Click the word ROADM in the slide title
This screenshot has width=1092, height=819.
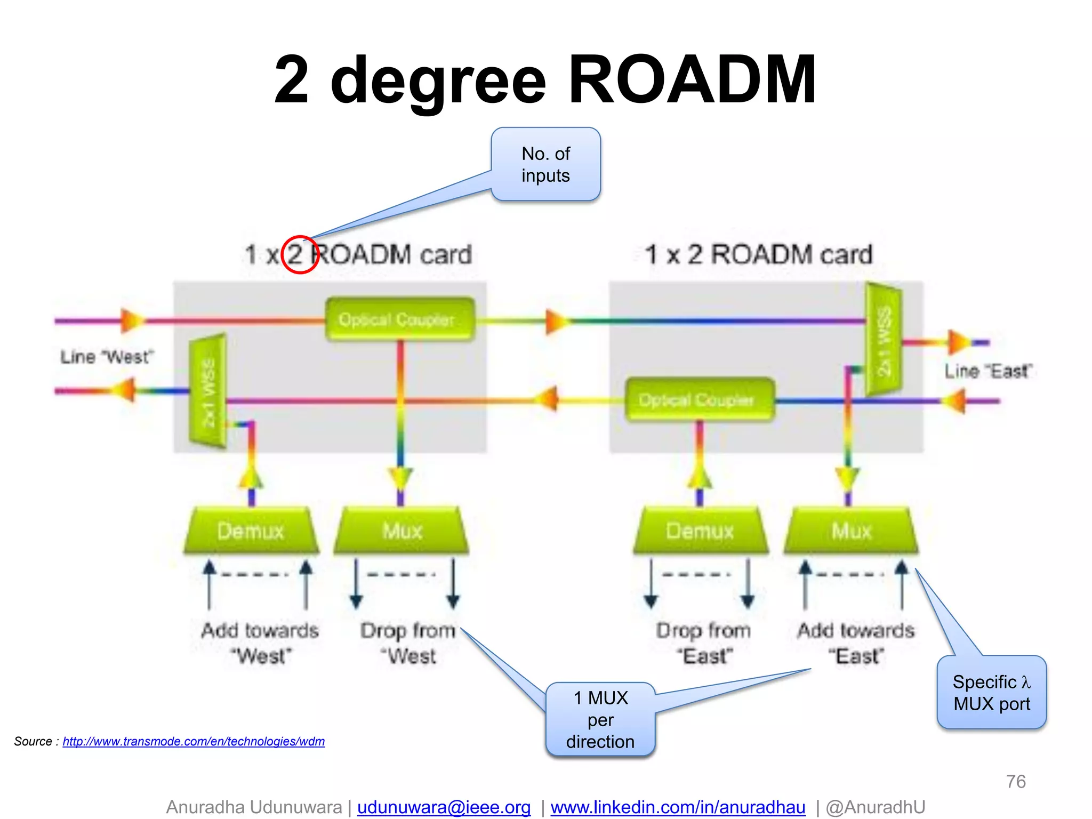pyautogui.click(x=692, y=80)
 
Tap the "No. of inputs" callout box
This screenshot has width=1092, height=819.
pyautogui.click(x=545, y=164)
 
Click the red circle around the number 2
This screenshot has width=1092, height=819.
pyautogui.click(x=300, y=254)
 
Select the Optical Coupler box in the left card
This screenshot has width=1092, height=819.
pyautogui.click(x=399, y=319)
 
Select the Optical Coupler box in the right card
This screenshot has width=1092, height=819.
pyautogui.click(x=699, y=399)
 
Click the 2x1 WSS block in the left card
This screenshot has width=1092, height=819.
pyautogui.click(x=208, y=392)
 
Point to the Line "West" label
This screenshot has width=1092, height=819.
pyautogui.click(x=107, y=357)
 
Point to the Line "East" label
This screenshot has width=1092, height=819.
pyautogui.click(x=988, y=371)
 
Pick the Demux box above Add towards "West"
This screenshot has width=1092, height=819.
pyautogui.click(x=251, y=531)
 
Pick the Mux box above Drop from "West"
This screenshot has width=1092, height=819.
pyautogui.click(x=402, y=531)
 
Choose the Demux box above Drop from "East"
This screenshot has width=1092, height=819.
pyautogui.click(x=700, y=531)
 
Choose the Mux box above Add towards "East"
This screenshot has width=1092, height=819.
pyautogui.click(x=851, y=531)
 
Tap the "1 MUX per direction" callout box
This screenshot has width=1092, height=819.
pyautogui.click(x=600, y=719)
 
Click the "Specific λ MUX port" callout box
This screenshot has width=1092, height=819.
pyautogui.click(x=991, y=693)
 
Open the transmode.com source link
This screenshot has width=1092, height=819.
pyautogui.click(x=194, y=741)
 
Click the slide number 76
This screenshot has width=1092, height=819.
pyautogui.click(x=1016, y=782)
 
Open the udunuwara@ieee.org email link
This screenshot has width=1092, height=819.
pyautogui.click(x=444, y=807)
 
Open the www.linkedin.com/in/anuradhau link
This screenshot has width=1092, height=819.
pyautogui.click(x=678, y=807)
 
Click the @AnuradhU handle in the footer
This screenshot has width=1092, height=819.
pyautogui.click(x=875, y=807)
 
